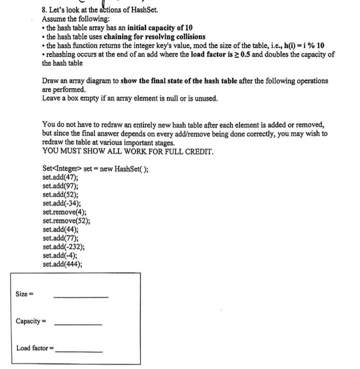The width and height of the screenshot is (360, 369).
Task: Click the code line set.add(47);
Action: tap(60, 177)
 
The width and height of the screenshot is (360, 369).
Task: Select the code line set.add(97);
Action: tap(60, 186)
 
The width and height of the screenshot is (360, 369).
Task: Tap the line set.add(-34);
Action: tap(61, 203)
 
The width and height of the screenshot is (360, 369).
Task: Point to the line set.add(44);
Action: tap(60, 229)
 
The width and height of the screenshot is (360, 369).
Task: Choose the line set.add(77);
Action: tap(60, 238)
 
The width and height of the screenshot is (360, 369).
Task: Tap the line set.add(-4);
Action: tap(60, 255)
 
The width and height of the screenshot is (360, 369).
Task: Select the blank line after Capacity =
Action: tap(78, 324)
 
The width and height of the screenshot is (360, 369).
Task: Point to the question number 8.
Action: tap(45, 10)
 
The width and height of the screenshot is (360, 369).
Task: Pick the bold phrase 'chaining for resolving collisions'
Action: tap(154, 37)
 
